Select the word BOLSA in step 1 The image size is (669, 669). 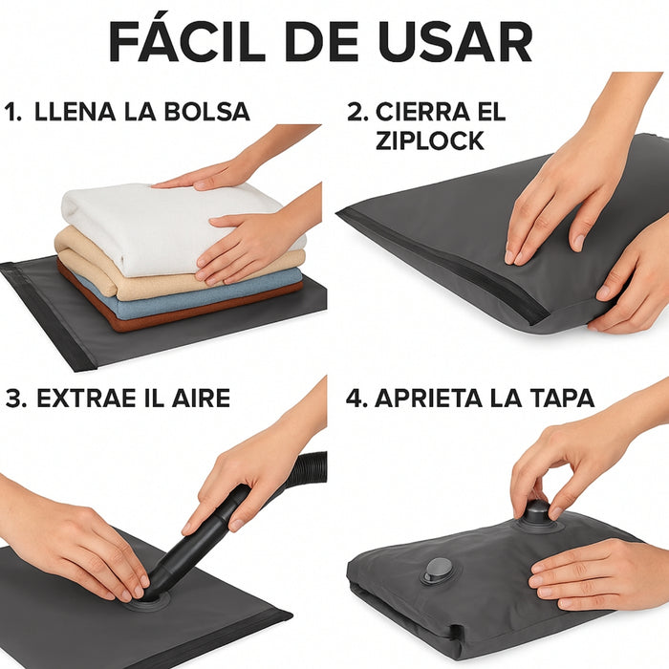206,112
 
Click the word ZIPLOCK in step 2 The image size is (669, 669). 430,140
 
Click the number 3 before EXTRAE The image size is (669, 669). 13,399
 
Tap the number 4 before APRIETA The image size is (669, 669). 356,399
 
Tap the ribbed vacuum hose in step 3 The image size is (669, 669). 306,471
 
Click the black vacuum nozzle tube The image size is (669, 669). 201,542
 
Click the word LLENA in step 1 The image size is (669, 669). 76,112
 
